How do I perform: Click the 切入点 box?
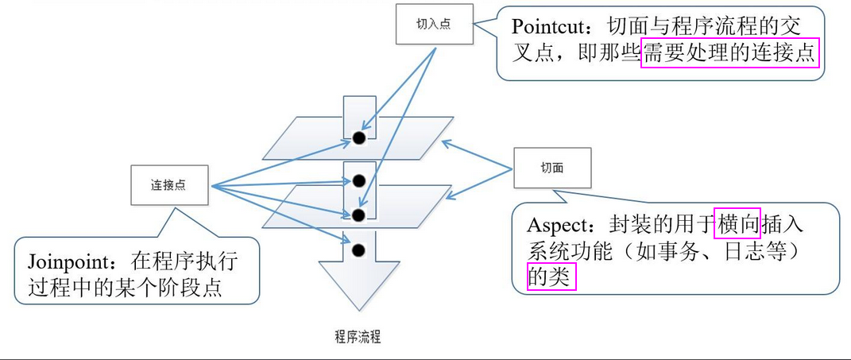point(433,24)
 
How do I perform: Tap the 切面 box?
point(552,168)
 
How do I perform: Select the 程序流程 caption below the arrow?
point(358,337)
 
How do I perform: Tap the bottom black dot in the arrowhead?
point(358,250)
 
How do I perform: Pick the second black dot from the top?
point(358,180)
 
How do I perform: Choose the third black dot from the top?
point(358,215)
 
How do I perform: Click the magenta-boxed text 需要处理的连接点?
point(729,54)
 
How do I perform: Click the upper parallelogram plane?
point(302,139)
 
